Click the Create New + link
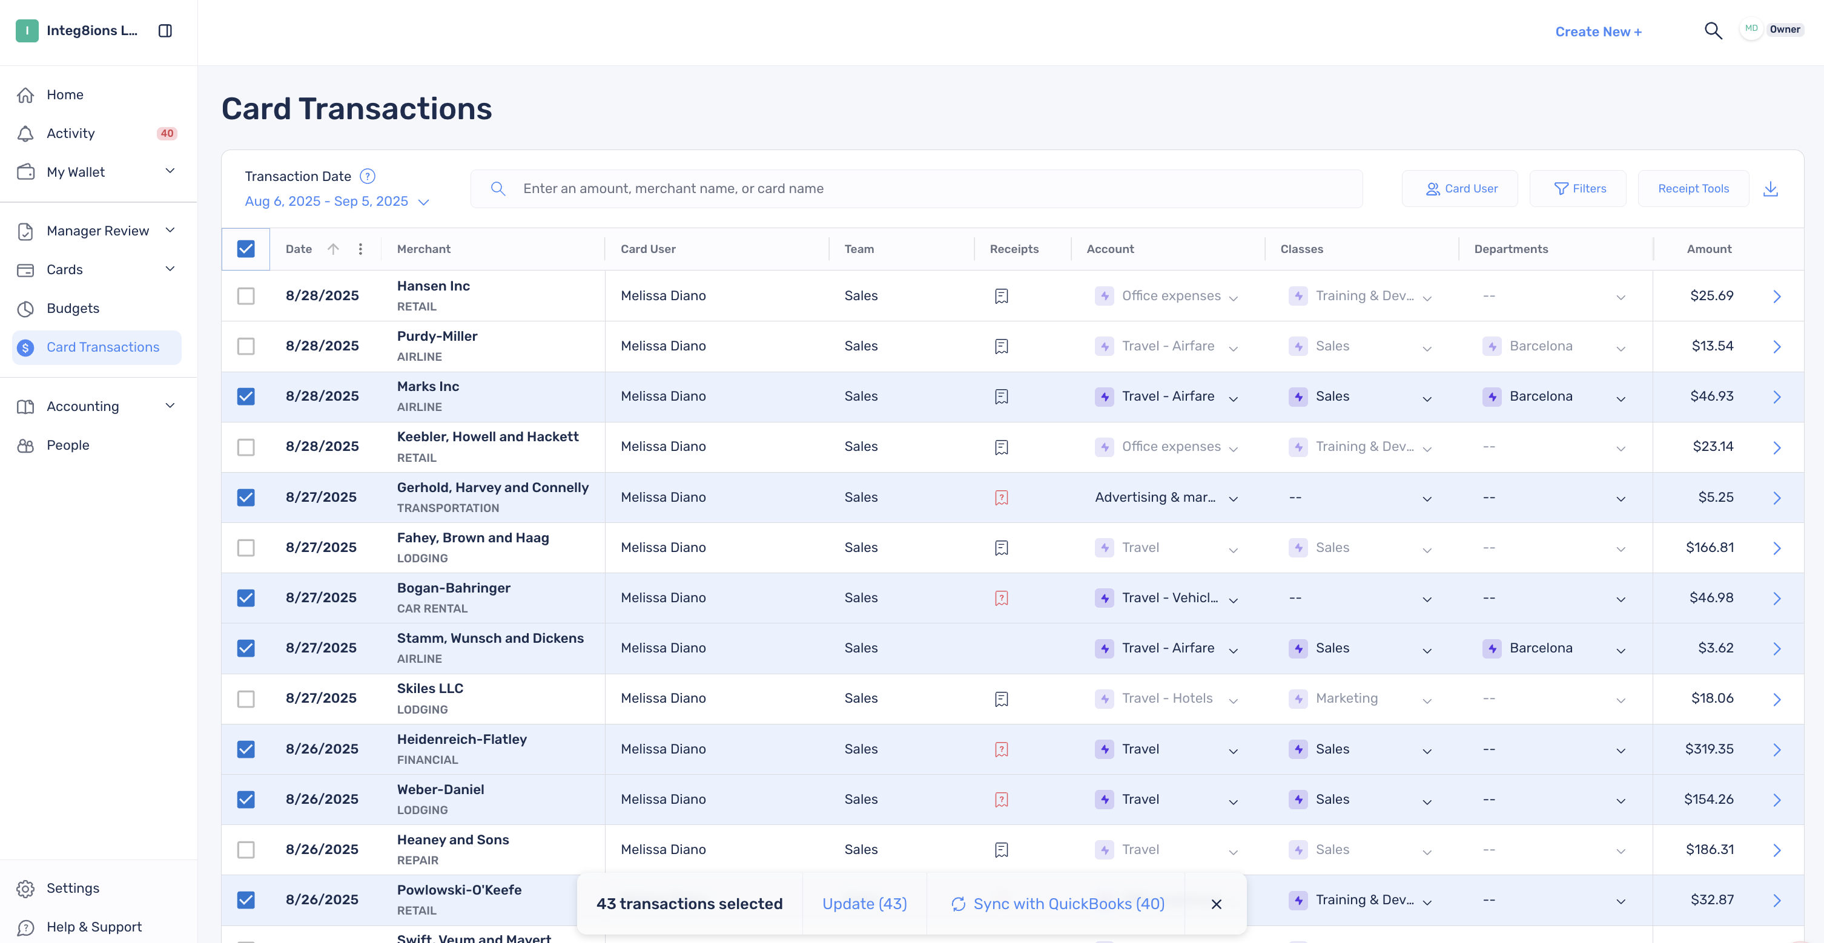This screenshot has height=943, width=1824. coord(1598,32)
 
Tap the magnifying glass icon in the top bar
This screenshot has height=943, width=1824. coord(1713,30)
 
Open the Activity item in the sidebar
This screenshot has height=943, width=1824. coord(71,133)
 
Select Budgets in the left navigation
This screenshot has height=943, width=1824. coord(73,308)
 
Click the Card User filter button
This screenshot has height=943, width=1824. coord(1460,188)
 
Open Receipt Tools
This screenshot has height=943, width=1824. coord(1693,188)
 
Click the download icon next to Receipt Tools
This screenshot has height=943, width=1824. coord(1770,188)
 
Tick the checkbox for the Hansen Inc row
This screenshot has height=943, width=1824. coord(246,296)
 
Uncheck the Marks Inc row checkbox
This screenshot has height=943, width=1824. coord(246,396)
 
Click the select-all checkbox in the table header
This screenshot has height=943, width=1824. coord(246,249)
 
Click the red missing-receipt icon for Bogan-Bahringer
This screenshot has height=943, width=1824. coord(1001,598)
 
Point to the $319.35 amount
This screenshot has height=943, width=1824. coord(1710,749)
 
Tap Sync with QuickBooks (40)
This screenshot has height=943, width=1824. coord(1058,904)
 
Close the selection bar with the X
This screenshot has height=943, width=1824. coord(1217,904)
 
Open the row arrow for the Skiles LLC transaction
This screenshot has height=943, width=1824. coord(1777,700)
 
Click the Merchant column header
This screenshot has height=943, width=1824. coord(423,249)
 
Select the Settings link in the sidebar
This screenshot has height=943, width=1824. coord(73,888)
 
